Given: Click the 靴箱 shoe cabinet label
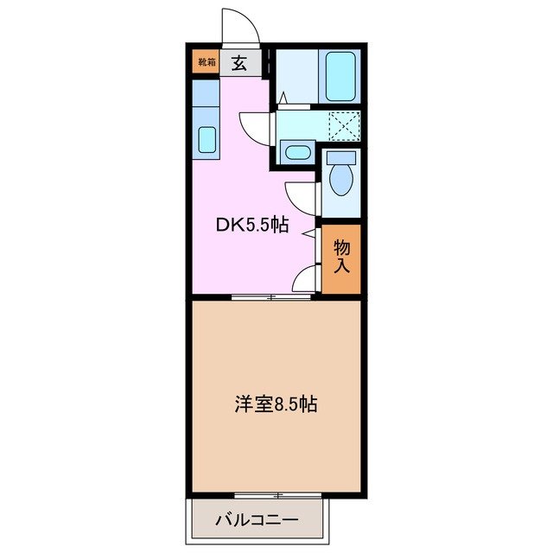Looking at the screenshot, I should [x=206, y=62].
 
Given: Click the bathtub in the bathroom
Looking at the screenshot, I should [x=340, y=76].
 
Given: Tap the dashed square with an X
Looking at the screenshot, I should [x=346, y=126].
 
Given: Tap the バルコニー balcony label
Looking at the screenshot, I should [x=257, y=521].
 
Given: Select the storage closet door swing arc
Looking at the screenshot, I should [x=304, y=278].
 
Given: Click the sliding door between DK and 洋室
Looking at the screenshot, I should [x=271, y=297].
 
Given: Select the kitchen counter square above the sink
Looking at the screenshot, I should [x=205, y=92].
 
